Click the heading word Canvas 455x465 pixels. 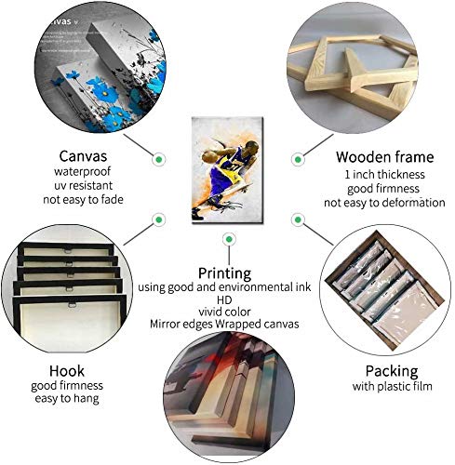(x=83, y=156)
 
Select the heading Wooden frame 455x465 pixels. (x=384, y=157)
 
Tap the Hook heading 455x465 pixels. (x=67, y=371)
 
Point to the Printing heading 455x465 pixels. (x=224, y=273)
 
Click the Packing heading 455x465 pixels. (x=392, y=371)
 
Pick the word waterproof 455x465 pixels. (x=82, y=171)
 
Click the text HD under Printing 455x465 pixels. (x=224, y=300)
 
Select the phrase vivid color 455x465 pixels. (x=224, y=312)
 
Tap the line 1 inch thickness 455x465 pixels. (x=384, y=175)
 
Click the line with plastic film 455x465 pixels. (x=392, y=386)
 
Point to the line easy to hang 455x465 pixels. (x=67, y=399)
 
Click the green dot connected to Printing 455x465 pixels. (x=229, y=239)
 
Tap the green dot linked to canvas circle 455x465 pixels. (x=159, y=159)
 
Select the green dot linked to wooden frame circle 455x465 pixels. (x=298, y=159)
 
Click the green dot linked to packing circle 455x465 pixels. (x=298, y=219)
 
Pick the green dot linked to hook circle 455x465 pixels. (x=159, y=219)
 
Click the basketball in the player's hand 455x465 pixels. (x=207, y=157)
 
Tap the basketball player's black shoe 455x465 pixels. (x=196, y=215)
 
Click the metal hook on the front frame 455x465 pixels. (x=72, y=305)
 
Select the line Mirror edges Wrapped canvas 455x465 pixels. (x=224, y=325)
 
